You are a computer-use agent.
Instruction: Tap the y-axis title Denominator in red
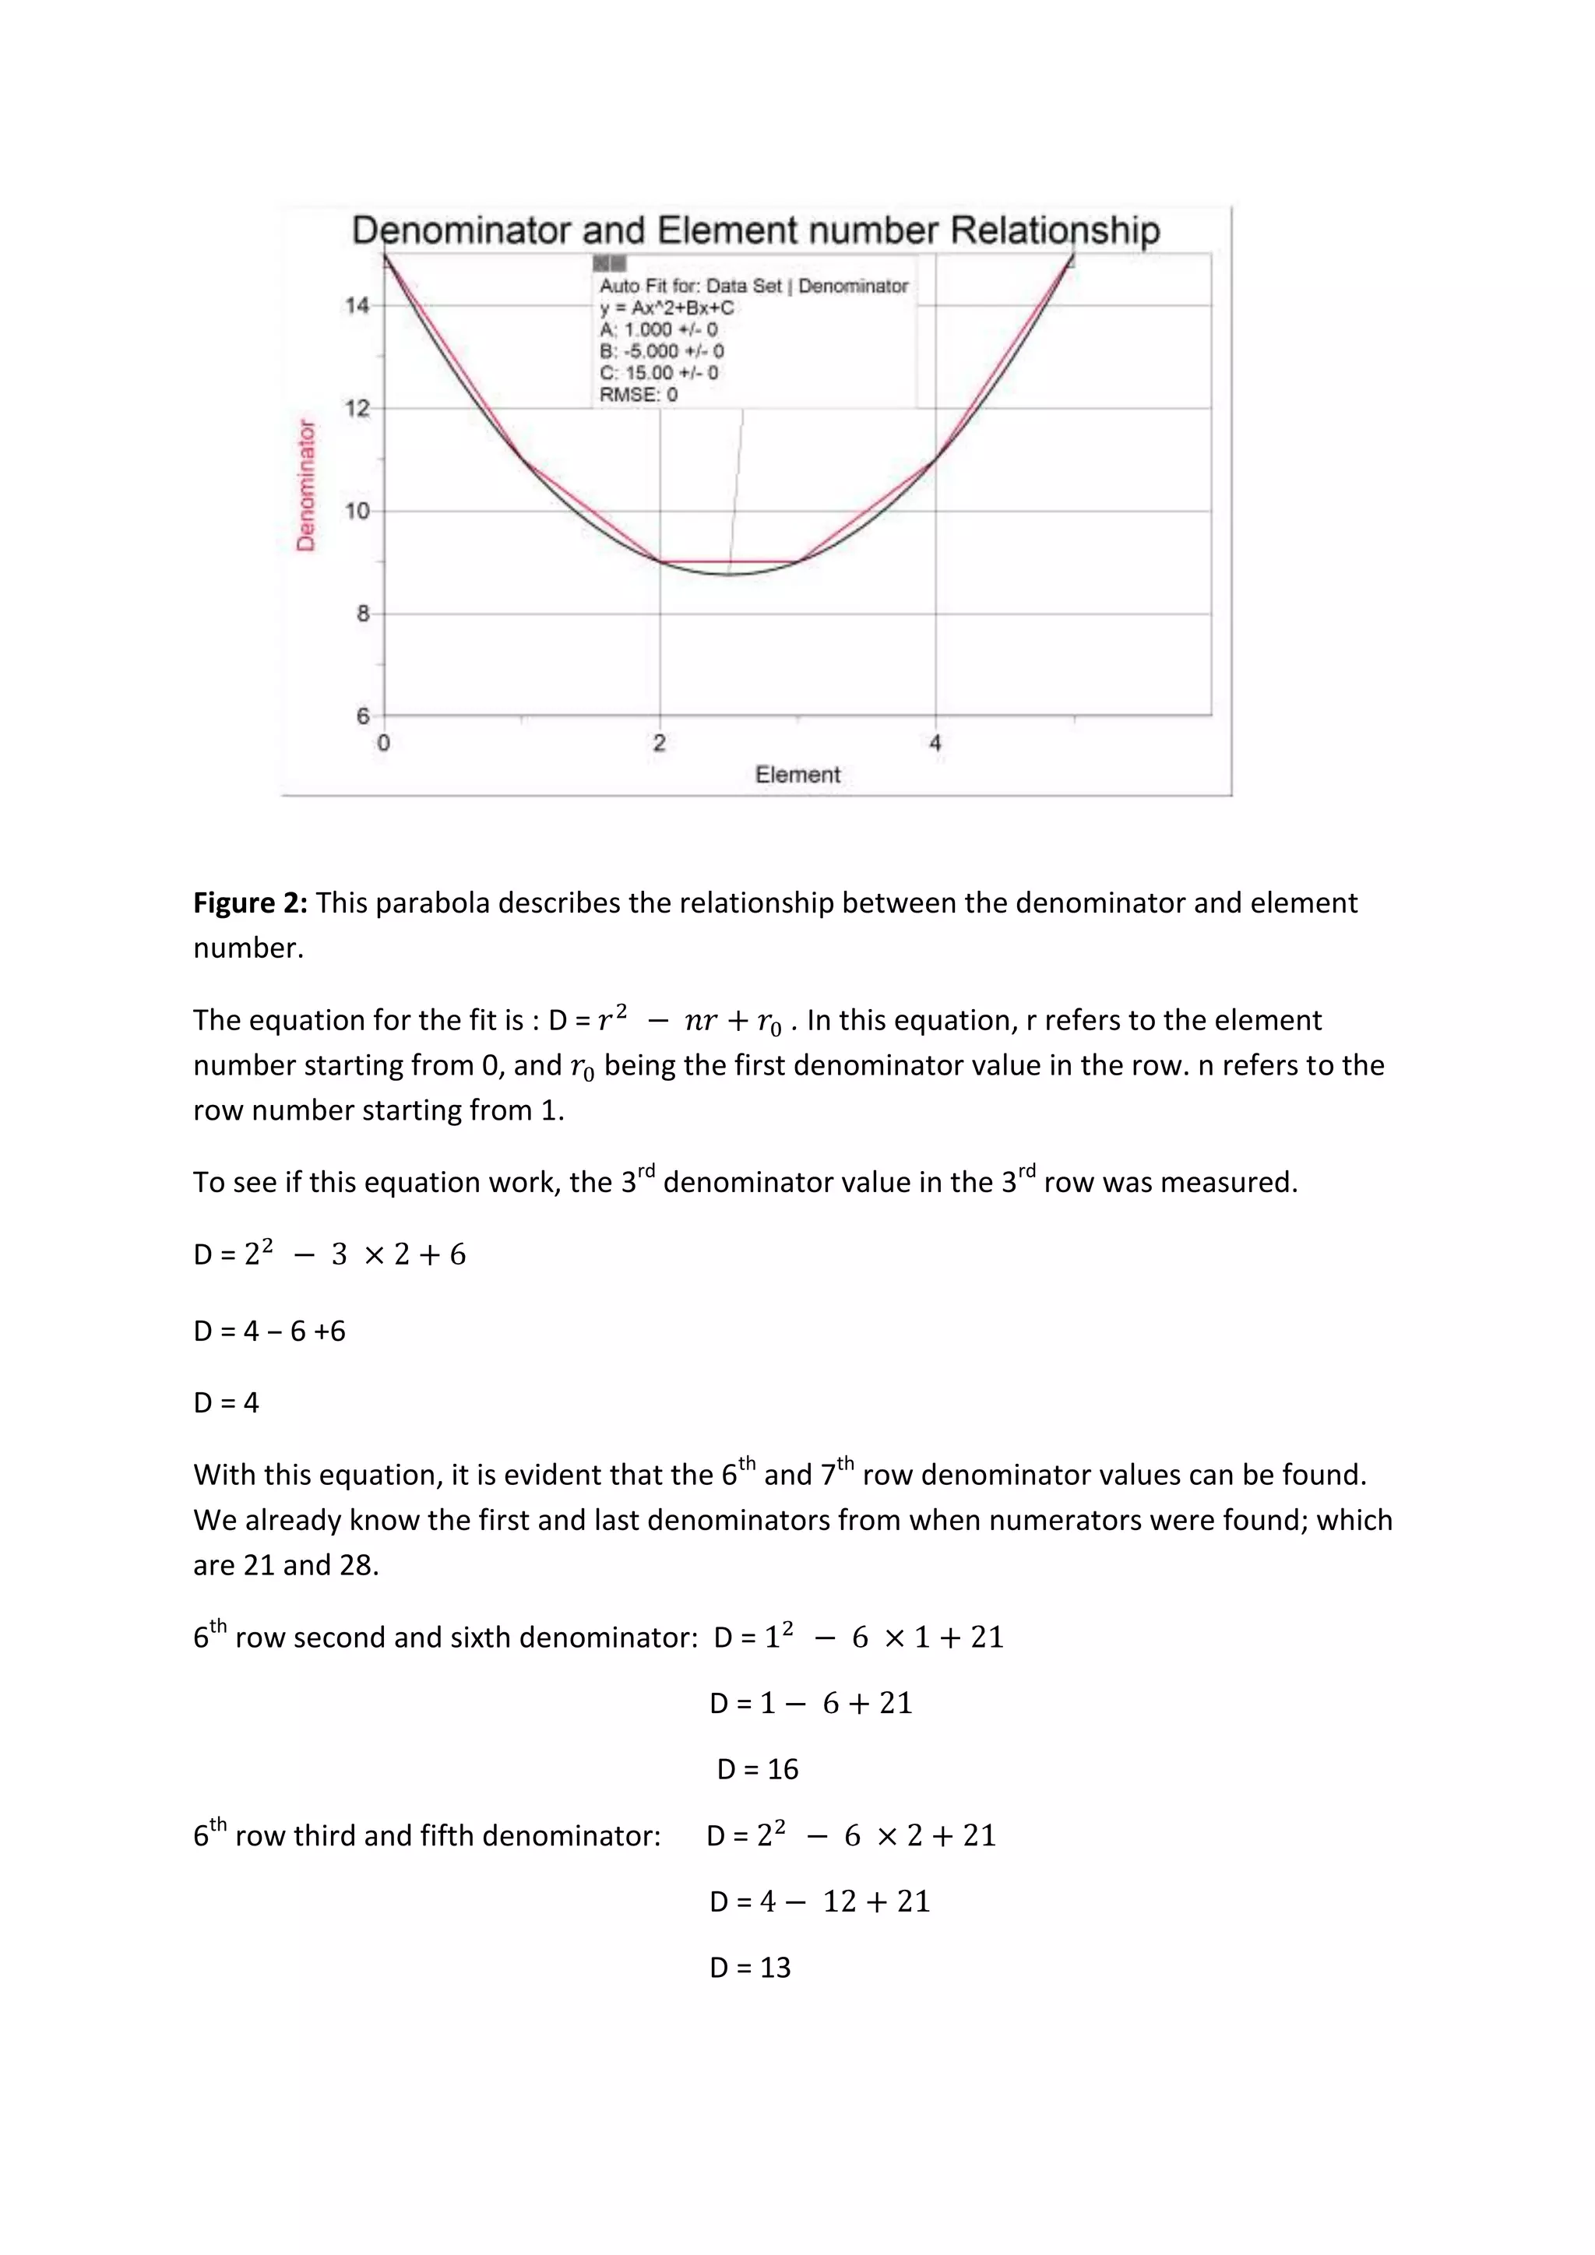click(306, 485)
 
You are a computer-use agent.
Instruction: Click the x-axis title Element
click(797, 775)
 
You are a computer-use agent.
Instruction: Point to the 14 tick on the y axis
click(357, 305)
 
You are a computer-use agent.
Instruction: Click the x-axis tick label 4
click(935, 744)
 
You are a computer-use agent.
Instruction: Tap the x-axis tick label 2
click(659, 744)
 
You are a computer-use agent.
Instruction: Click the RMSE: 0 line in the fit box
click(639, 395)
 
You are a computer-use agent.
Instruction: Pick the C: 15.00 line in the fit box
click(659, 373)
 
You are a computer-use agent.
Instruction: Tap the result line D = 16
click(757, 1769)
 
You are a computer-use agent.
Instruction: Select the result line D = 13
click(749, 1967)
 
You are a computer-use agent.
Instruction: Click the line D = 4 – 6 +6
click(269, 1331)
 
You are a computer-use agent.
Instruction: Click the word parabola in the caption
click(432, 902)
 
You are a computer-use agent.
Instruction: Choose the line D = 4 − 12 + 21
click(819, 1901)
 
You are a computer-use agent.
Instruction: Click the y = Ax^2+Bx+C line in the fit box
click(667, 308)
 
